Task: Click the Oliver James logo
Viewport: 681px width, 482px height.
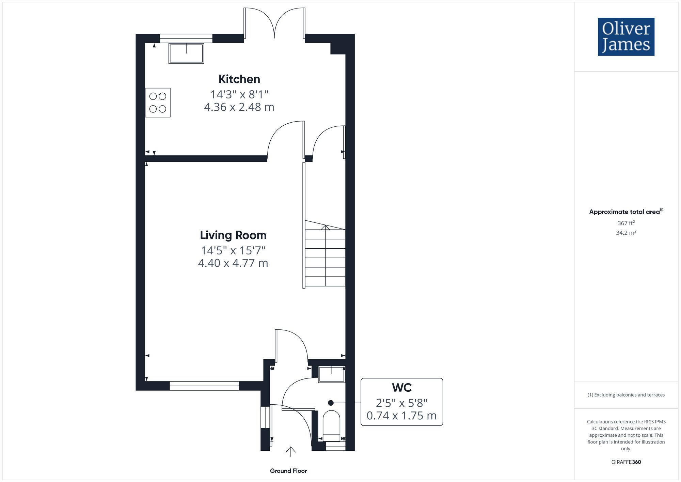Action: coord(626,37)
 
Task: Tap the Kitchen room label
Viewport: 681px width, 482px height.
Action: coord(239,79)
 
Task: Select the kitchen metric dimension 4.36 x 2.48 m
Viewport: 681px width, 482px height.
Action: coord(239,107)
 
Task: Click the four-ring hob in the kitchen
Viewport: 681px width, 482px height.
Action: coord(158,103)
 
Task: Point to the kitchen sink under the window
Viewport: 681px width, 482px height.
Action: coord(186,53)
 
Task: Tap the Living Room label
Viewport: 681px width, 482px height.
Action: coord(233,235)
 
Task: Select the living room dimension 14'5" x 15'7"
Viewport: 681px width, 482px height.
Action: coord(233,250)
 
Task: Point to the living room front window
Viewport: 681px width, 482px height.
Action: coord(204,386)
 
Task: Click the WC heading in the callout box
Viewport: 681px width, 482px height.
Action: coord(402,388)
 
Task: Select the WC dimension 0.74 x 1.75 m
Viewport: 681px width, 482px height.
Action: coord(401,416)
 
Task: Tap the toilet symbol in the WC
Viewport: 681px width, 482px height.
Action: coord(331,426)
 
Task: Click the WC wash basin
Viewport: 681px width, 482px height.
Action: coord(331,374)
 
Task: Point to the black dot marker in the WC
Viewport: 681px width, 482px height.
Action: coord(331,403)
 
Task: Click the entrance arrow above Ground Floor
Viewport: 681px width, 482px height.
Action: coord(290,451)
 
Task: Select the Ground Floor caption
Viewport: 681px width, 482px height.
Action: coord(288,471)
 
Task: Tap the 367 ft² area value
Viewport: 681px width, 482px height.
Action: coord(626,223)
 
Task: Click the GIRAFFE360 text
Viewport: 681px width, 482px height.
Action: coord(626,462)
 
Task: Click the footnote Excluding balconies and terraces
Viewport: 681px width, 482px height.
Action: coord(626,395)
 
